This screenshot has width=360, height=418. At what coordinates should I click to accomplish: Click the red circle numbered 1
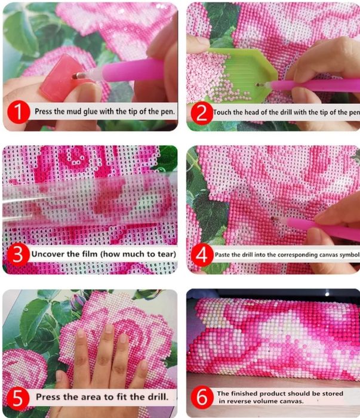(19, 112)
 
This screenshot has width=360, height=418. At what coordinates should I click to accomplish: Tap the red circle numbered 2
(202, 113)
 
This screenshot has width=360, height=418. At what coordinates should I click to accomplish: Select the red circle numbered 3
(18, 254)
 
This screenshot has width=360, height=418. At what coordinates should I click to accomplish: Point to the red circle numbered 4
(202, 255)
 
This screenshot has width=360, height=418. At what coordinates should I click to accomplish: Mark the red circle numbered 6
(202, 397)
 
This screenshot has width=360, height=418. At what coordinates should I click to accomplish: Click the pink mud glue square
(59, 78)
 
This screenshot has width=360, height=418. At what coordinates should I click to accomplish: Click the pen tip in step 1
(75, 76)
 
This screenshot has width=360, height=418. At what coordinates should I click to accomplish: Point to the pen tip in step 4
(273, 218)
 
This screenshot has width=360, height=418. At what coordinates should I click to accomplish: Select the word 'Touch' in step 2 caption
(222, 112)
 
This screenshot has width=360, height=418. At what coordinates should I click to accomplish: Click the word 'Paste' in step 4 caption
(222, 255)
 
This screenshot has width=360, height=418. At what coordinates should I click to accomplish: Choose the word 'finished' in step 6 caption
(244, 394)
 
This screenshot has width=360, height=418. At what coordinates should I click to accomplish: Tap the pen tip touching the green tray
(258, 85)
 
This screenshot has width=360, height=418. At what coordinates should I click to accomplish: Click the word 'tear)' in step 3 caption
(167, 254)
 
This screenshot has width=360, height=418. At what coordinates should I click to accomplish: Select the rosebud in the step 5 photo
(78, 300)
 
